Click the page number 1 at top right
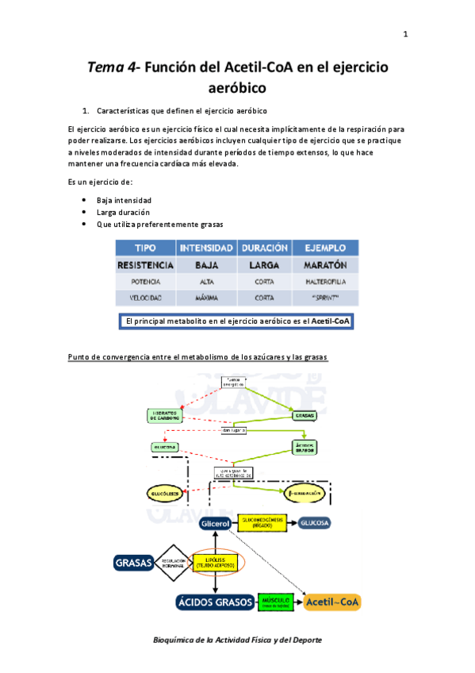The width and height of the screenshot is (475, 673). (405, 34)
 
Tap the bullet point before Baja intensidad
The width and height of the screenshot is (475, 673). (84, 201)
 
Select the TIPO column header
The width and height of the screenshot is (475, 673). (145, 248)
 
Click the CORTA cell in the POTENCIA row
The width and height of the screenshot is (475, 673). (264, 281)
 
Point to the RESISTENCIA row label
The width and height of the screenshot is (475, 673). (145, 264)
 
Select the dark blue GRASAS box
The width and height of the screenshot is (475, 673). (133, 563)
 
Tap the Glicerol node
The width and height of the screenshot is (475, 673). (215, 525)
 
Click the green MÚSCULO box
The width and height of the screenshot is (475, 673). (277, 602)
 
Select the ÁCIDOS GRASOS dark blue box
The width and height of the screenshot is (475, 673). (215, 602)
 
